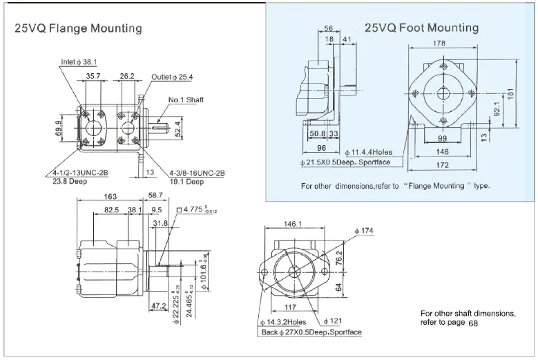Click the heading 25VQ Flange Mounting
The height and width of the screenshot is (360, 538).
(78, 28)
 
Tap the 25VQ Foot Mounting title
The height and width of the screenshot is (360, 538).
(422, 28)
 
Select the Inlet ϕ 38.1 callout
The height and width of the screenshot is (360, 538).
(79, 62)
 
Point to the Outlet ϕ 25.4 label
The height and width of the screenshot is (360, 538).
(172, 77)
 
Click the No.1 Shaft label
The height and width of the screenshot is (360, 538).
(186, 100)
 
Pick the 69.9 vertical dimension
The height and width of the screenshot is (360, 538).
(59, 128)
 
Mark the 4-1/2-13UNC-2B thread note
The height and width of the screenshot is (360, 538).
(80, 173)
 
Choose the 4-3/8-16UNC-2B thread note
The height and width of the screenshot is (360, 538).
(198, 173)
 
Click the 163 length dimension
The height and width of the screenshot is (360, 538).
(110, 196)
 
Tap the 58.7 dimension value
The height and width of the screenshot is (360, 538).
(155, 196)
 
